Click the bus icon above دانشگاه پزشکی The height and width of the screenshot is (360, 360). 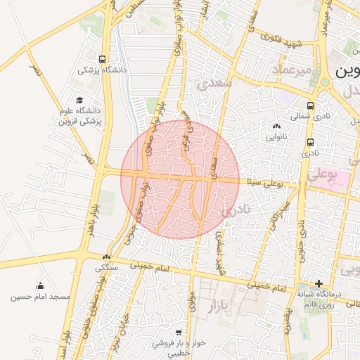coord(103,59)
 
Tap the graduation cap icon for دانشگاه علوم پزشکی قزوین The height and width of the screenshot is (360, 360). coord(79,100)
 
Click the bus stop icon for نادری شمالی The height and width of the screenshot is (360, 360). coord(311,105)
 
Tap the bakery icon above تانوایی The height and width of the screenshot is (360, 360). coord(275,127)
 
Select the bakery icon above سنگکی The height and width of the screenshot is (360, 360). coord(107,257)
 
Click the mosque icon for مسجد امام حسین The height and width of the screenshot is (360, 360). coord(39,285)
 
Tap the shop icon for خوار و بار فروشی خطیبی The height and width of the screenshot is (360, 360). coord(179,332)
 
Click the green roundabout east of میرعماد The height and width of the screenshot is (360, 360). coord(325,82)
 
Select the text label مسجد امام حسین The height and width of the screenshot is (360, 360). coord(40,297)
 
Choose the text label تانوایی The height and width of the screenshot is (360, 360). coord(275,138)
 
